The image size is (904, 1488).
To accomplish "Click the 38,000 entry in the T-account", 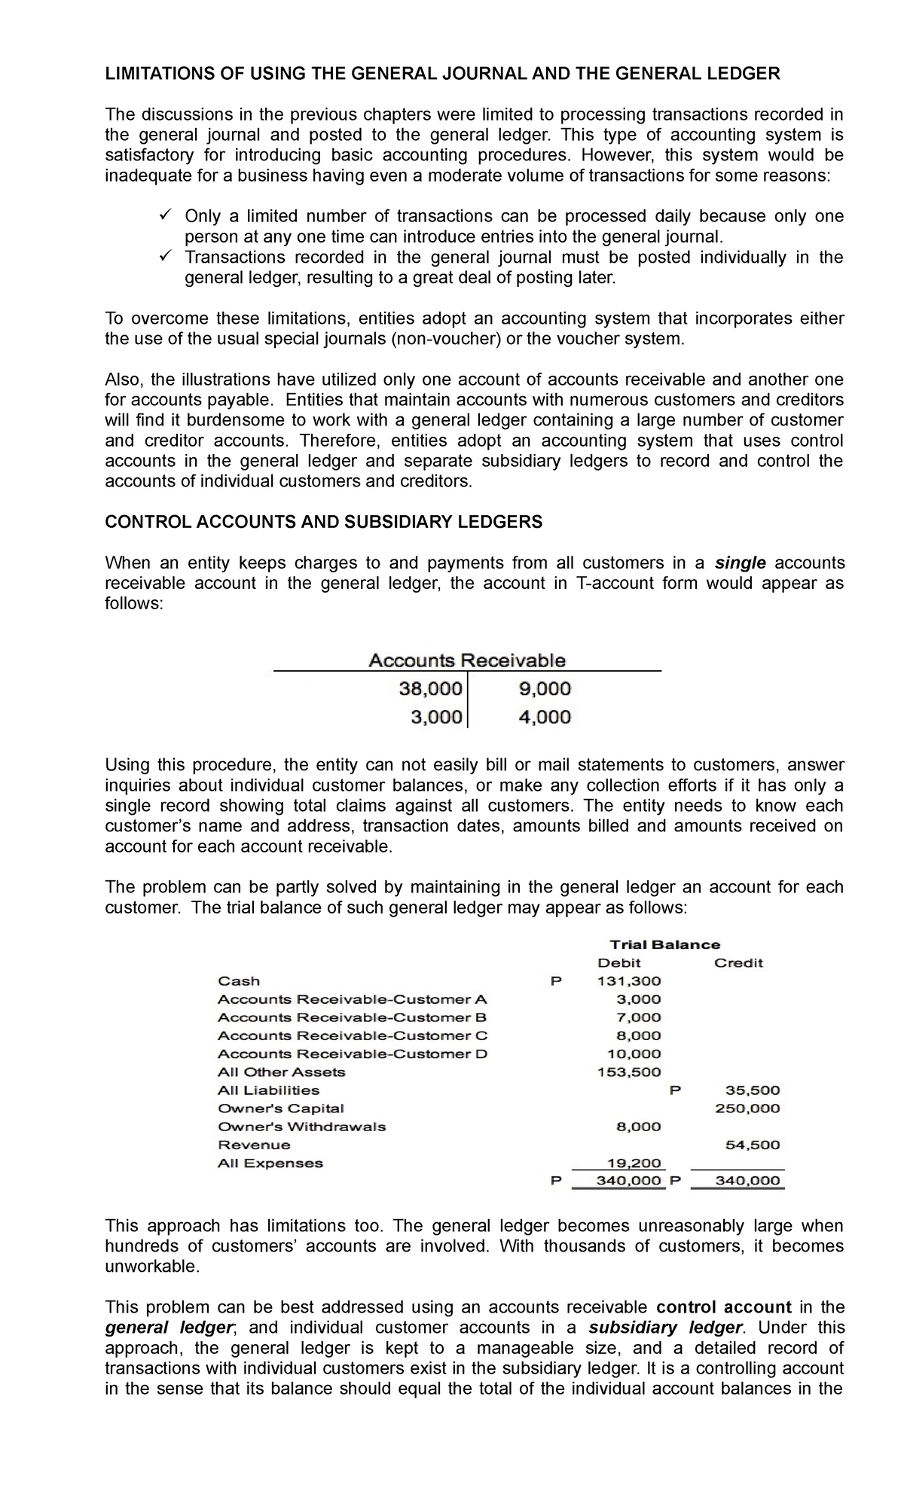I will (x=429, y=688).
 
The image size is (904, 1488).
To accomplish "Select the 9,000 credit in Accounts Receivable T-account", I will (x=545, y=688).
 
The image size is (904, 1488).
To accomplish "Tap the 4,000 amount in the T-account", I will (x=545, y=717).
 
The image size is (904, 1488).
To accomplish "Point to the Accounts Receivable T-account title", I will (x=466, y=660).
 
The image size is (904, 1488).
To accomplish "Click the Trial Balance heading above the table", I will (x=664, y=944).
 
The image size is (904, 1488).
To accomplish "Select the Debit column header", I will (x=618, y=962).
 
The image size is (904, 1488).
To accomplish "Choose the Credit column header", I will (x=738, y=962).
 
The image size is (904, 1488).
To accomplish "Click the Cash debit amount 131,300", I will (x=629, y=980).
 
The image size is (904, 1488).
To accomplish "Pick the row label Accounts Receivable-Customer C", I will (x=353, y=1035).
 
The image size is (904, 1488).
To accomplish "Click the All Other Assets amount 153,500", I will (x=629, y=1072).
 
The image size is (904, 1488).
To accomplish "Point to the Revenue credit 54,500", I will (x=752, y=1145).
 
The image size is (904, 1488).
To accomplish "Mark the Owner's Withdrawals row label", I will (x=301, y=1127).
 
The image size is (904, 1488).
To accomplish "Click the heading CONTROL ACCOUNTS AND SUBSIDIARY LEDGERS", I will (x=323, y=522).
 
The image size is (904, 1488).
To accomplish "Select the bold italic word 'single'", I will (x=740, y=563).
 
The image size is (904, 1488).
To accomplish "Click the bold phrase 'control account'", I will (x=724, y=1307).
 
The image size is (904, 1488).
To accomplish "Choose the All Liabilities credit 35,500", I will (x=752, y=1090).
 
